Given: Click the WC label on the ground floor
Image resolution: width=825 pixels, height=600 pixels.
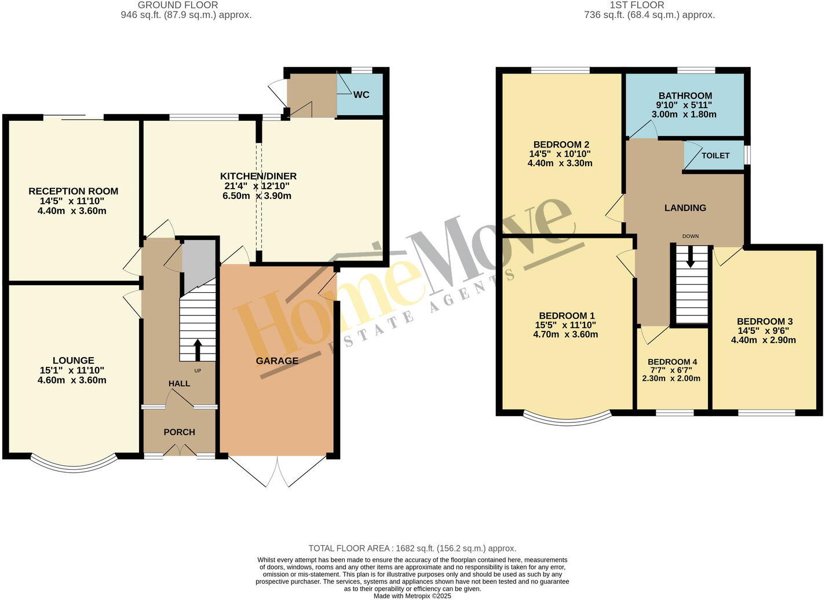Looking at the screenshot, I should point(361,95).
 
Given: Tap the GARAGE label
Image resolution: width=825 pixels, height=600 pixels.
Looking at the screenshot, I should point(277,361).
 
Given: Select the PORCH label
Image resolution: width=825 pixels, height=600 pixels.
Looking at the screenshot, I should point(179,432).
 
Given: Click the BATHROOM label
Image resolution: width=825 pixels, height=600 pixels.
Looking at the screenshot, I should point(685,96).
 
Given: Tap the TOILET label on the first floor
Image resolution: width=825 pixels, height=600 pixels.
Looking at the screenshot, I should point(716,156).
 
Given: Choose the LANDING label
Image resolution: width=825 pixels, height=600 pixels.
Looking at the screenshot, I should point(685,208).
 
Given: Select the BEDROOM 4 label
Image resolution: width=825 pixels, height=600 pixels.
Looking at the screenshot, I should point(672,362).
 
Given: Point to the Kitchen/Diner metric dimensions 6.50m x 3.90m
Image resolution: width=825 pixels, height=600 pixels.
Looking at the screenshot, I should point(257,196).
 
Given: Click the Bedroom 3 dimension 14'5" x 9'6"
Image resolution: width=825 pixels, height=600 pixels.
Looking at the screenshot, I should point(763,331).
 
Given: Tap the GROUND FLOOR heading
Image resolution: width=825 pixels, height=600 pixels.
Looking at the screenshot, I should point(178,5).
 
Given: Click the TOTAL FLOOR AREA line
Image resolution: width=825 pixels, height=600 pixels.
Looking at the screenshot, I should point(412,549).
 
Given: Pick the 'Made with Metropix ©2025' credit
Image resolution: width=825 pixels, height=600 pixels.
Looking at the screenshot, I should point(412,596).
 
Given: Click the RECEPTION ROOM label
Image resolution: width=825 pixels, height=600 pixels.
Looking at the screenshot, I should point(73,192).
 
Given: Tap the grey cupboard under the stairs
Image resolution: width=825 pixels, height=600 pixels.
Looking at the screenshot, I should point(199,263).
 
